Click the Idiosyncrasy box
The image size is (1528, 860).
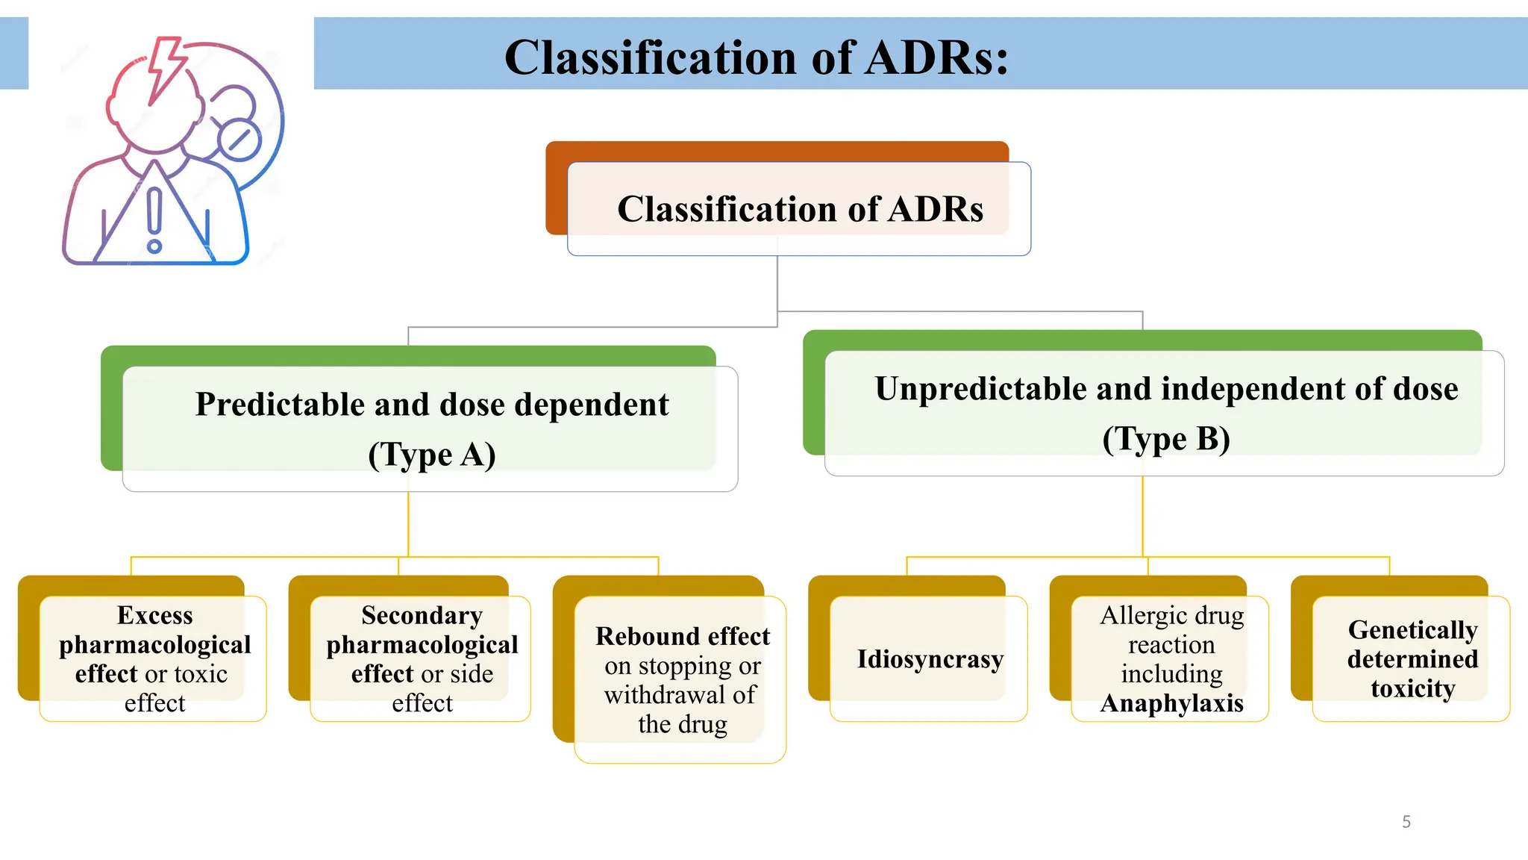(x=929, y=659)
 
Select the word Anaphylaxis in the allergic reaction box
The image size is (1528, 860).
(x=1171, y=703)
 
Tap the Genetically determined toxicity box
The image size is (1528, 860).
(x=1412, y=659)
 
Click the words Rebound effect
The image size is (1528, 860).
(x=682, y=636)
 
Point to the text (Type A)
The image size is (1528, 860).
(x=432, y=455)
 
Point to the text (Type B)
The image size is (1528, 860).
(x=1166, y=439)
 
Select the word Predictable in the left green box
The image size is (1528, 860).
(x=278, y=405)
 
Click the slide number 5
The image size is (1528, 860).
(x=1406, y=822)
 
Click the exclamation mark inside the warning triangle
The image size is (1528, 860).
(x=154, y=220)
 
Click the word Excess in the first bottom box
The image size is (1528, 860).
(x=154, y=615)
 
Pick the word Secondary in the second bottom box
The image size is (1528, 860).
(x=422, y=615)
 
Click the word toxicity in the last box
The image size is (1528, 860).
(x=1412, y=688)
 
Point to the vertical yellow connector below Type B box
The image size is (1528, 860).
(x=1142, y=515)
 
